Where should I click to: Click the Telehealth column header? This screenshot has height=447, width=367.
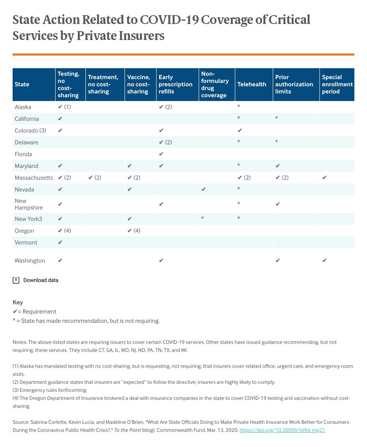(x=252, y=84)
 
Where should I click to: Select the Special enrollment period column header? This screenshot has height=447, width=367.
(x=337, y=84)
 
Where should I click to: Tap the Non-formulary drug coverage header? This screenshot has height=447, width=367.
(x=215, y=84)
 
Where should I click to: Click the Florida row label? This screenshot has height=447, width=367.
(x=23, y=154)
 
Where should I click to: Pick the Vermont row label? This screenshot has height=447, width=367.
(x=26, y=242)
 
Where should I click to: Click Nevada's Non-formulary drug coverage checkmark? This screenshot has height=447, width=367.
(x=204, y=189)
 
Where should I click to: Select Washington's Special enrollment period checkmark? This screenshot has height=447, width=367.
(x=324, y=261)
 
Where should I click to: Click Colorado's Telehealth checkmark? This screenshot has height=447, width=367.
(x=240, y=130)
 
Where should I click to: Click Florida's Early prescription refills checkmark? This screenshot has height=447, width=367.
(x=161, y=154)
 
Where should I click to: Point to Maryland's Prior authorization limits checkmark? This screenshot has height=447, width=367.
(x=278, y=166)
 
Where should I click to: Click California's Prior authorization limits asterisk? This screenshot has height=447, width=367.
(x=277, y=119)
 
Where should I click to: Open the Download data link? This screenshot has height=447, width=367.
(x=41, y=280)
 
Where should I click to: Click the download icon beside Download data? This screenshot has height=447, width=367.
(x=16, y=280)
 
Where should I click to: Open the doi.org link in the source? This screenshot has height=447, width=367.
(x=282, y=430)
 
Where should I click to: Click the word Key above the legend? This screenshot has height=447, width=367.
(x=18, y=302)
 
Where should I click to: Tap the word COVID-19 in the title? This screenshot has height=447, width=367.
(x=169, y=20)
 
